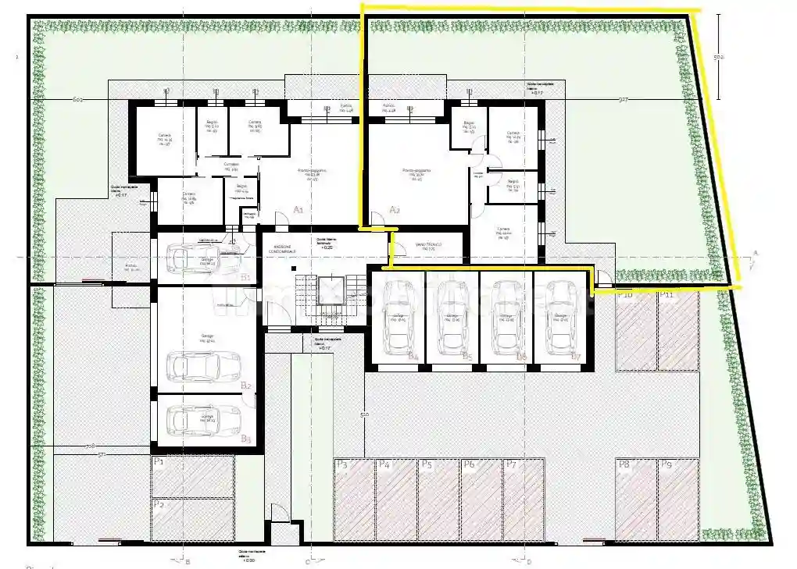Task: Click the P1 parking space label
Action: click(x=159, y=462)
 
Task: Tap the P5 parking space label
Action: click(x=427, y=465)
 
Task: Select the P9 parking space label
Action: click(x=667, y=465)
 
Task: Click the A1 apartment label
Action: click(x=298, y=209)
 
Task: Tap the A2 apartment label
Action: click(x=395, y=209)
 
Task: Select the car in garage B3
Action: click(x=206, y=420)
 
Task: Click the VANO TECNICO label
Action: click(x=428, y=245)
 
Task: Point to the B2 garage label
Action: click(x=245, y=386)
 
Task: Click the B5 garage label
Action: click(x=467, y=357)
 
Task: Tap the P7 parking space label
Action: click(x=511, y=465)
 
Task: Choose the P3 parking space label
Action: click(x=341, y=465)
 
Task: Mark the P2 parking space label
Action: click(x=159, y=504)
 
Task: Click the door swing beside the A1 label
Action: click(x=279, y=219)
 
